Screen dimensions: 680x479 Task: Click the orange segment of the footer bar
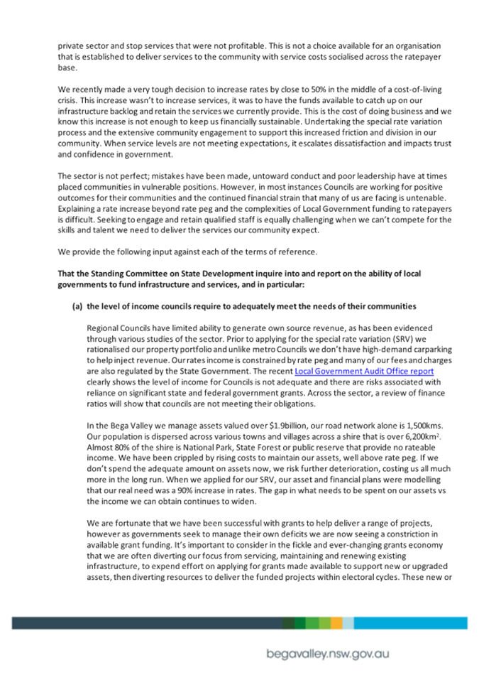tap(336, 622)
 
